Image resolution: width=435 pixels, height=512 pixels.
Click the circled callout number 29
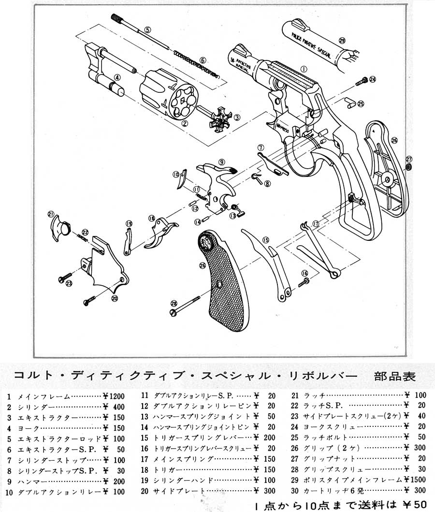point(342,40)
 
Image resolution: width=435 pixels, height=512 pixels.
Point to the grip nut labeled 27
point(408,167)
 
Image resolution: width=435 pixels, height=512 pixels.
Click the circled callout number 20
point(115,298)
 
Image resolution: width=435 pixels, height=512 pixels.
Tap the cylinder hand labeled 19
point(128,240)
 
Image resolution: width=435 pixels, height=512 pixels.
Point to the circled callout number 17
point(316,223)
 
